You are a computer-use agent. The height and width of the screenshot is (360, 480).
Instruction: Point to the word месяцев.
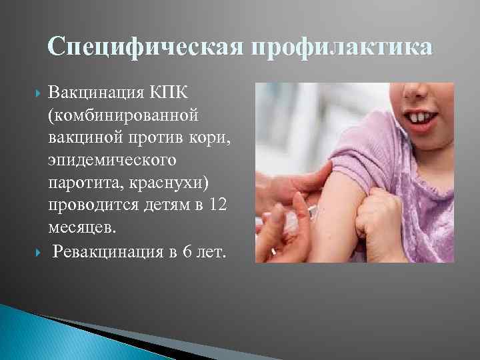81,229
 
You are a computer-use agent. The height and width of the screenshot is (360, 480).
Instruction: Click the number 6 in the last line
190,251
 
